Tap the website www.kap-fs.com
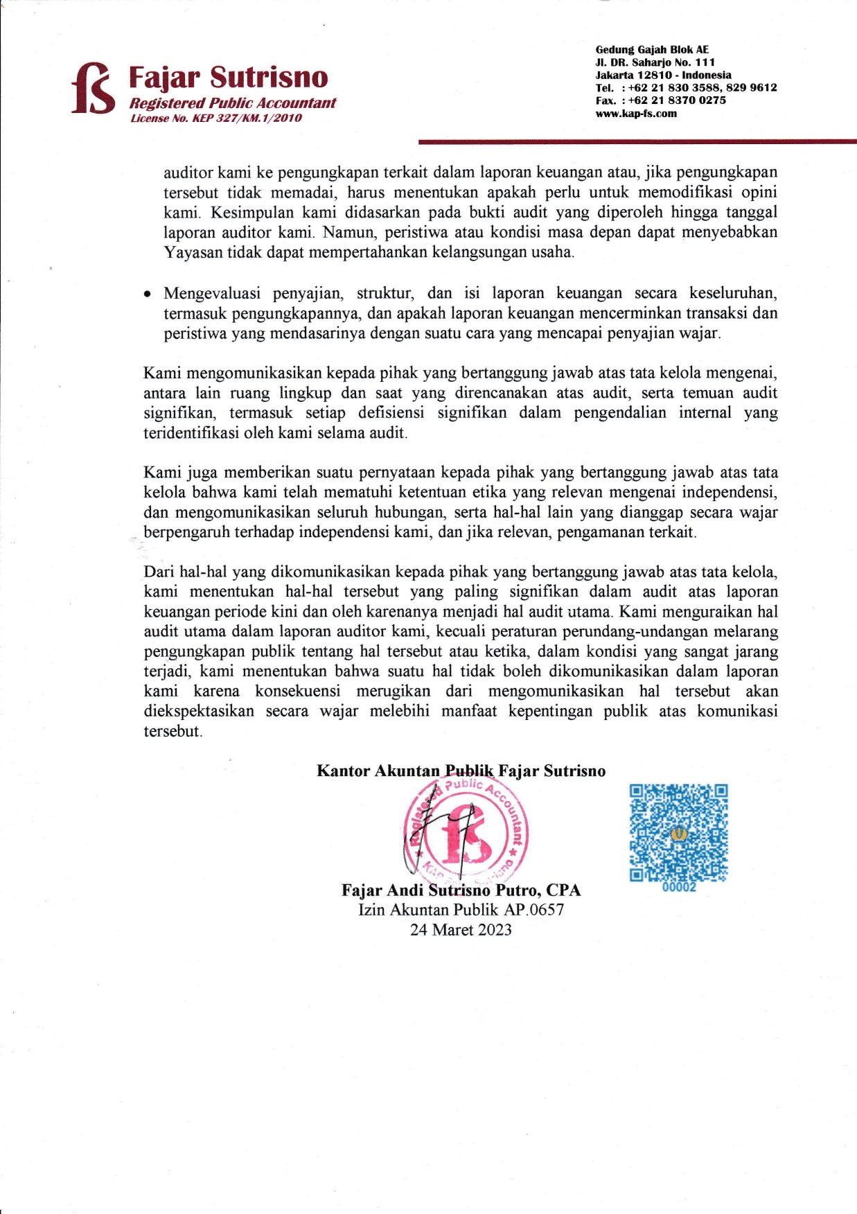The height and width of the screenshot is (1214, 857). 636,114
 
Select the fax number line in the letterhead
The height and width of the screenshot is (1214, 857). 661,100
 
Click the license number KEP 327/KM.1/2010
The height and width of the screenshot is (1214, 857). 216,118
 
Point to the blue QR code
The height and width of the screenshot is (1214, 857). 678,832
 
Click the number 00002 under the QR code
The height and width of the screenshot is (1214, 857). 679,887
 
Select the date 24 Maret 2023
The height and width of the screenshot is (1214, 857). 461,930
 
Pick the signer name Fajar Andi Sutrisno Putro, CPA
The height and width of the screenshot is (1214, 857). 461,890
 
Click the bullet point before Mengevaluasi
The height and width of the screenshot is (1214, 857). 147,294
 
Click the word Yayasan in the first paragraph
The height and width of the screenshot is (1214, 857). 193,252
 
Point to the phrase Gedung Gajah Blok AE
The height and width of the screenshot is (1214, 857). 652,50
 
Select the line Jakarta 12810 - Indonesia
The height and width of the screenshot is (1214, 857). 663,75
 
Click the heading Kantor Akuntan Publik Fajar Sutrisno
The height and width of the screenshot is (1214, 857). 461,771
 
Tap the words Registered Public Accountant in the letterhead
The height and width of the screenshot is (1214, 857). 233,103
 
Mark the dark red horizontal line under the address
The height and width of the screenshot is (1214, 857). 637,142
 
